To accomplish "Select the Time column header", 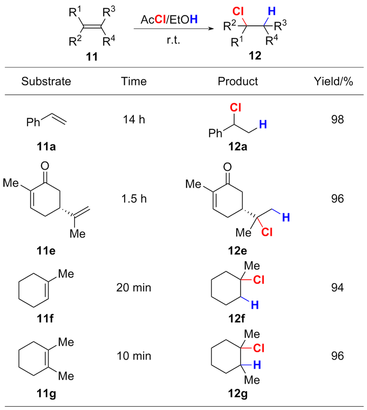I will (x=135, y=82).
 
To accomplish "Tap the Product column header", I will (x=239, y=82).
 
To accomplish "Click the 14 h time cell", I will (x=135, y=120).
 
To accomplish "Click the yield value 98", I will (x=337, y=120).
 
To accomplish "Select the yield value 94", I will (x=337, y=288).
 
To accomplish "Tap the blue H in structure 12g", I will (x=253, y=364).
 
